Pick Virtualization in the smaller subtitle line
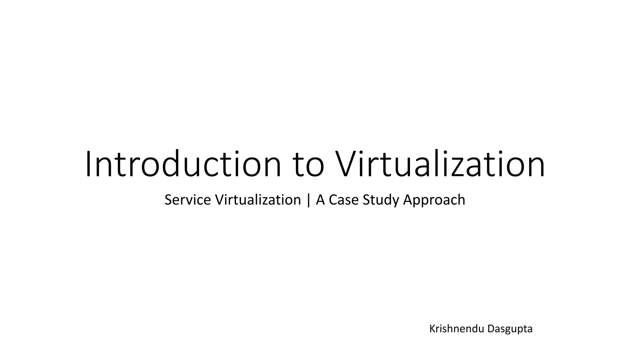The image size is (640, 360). [258, 200]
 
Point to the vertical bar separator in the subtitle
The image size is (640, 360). [308, 200]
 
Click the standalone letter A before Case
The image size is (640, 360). [321, 200]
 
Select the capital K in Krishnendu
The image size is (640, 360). [432, 329]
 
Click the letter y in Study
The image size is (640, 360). [396, 202]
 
